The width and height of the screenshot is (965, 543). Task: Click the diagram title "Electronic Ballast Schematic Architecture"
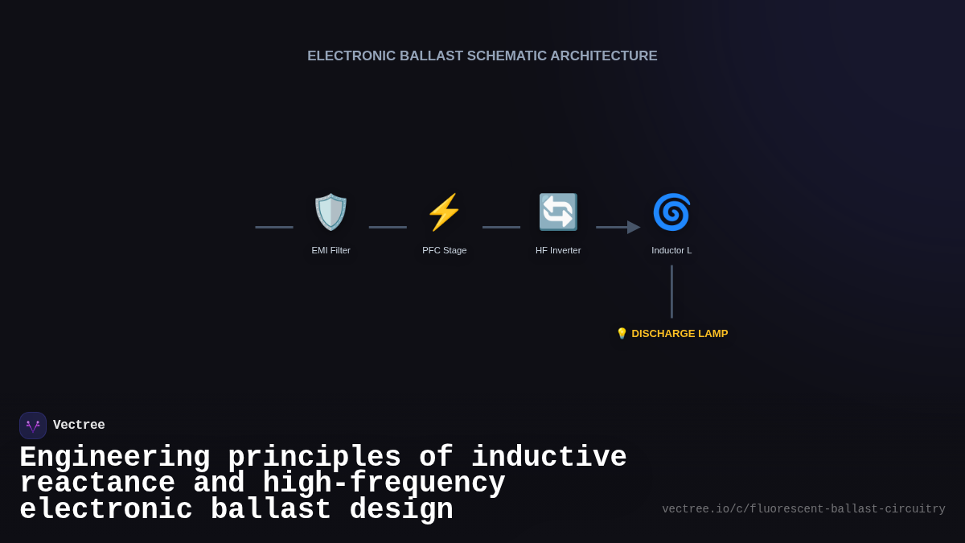[482, 56]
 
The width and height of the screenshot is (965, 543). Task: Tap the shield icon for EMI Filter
[331, 212]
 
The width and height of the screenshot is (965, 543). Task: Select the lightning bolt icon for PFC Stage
[444, 212]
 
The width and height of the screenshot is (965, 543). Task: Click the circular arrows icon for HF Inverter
[558, 212]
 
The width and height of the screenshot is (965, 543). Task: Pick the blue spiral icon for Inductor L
[671, 212]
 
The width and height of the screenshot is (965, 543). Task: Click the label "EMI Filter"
[331, 250]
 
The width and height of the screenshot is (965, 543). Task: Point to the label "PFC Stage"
[444, 250]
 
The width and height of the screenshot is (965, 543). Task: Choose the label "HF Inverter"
[558, 250]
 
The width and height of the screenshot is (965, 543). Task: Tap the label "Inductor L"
[671, 250]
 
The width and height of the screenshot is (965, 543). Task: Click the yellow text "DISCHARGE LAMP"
[680, 334]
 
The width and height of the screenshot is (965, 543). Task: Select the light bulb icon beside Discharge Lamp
[622, 334]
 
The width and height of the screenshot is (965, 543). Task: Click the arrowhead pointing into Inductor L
[634, 228]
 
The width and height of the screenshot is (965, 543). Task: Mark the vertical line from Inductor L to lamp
[671, 291]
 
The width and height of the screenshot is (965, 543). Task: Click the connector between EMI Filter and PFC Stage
[388, 228]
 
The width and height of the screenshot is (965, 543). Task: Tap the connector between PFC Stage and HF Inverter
[501, 228]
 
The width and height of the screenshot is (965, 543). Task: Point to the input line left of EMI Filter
[274, 228]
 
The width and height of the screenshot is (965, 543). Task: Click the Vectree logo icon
[33, 426]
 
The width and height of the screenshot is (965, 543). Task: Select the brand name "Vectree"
[79, 426]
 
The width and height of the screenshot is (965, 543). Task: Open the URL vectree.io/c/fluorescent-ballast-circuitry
[803, 509]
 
